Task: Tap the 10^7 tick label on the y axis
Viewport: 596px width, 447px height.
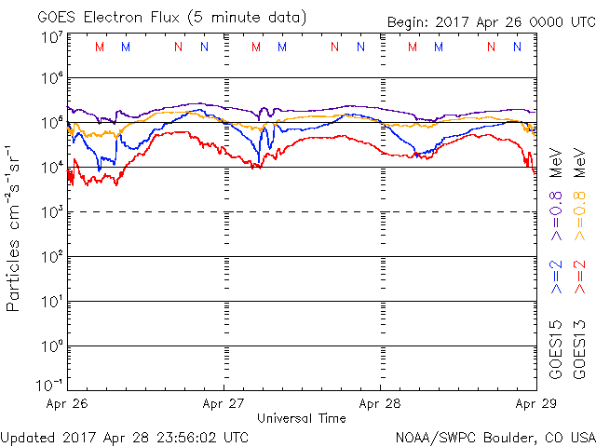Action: [51, 38]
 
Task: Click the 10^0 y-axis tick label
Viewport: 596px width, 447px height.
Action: [51, 345]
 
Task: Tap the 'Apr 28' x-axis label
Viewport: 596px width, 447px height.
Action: [380, 404]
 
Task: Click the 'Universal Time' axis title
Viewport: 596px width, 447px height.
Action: [302, 418]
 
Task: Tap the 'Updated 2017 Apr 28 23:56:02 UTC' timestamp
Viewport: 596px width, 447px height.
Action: [125, 436]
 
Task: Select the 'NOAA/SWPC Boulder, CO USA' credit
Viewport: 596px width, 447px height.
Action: [494, 436]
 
